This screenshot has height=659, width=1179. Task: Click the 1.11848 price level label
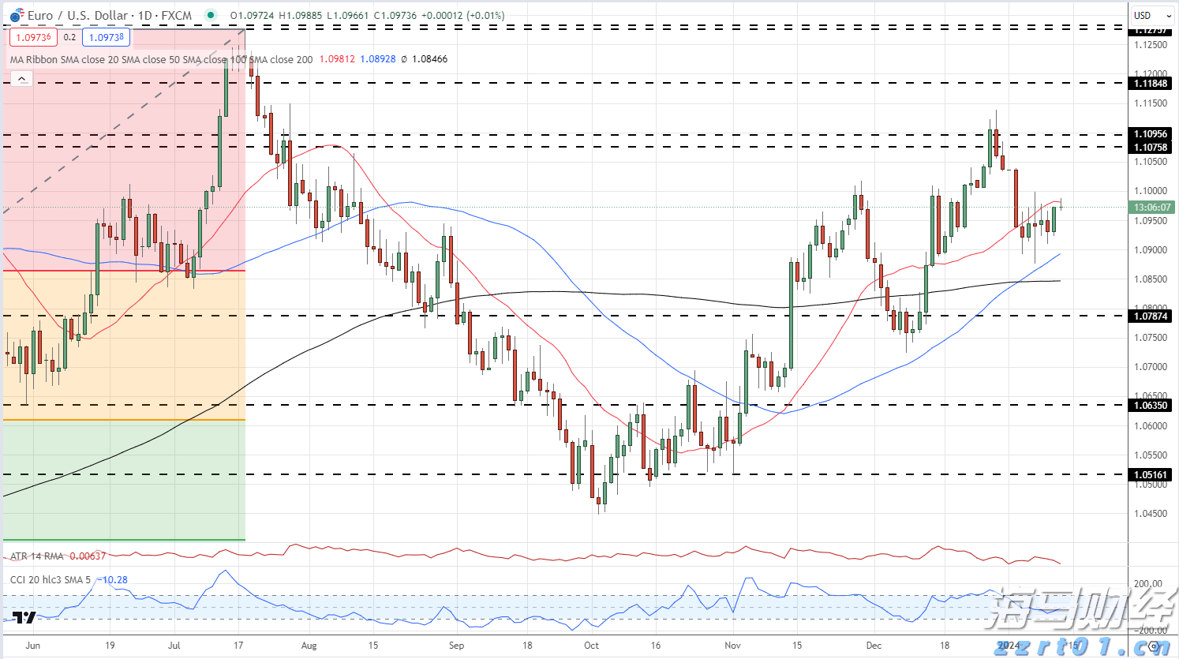(1151, 84)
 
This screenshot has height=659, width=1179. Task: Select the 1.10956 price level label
(1151, 134)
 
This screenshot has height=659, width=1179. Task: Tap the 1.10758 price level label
(1151, 148)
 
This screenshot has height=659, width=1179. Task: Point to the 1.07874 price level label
(1151, 316)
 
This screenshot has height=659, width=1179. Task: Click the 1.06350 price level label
(1151, 406)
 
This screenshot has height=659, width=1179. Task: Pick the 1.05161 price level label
(1151, 475)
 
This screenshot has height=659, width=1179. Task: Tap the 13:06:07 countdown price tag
(1151, 208)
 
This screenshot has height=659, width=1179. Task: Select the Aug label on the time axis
(309, 645)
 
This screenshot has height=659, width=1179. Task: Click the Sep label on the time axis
(456, 645)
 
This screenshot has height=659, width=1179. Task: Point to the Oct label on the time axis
(591, 645)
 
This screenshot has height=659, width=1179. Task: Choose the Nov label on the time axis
(732, 645)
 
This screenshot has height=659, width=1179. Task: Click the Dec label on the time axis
(874, 645)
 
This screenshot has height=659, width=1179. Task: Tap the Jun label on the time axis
(32, 645)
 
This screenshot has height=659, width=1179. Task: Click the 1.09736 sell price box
(33, 37)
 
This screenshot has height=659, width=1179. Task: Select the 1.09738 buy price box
(106, 37)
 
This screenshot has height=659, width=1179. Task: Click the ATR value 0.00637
(88, 556)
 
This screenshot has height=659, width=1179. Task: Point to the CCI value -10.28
(114, 580)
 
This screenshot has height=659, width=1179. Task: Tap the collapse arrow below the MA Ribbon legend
(21, 78)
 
